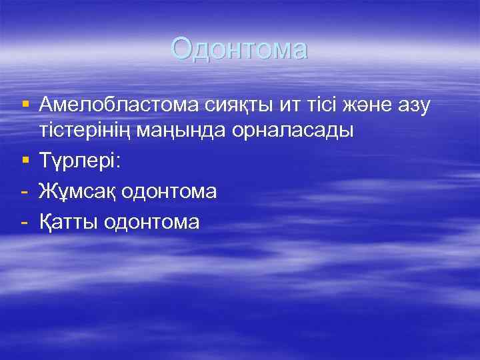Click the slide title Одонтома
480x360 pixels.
pos(239,49)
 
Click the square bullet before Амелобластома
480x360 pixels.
pos(25,104)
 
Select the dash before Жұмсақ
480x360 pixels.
pos(25,192)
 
